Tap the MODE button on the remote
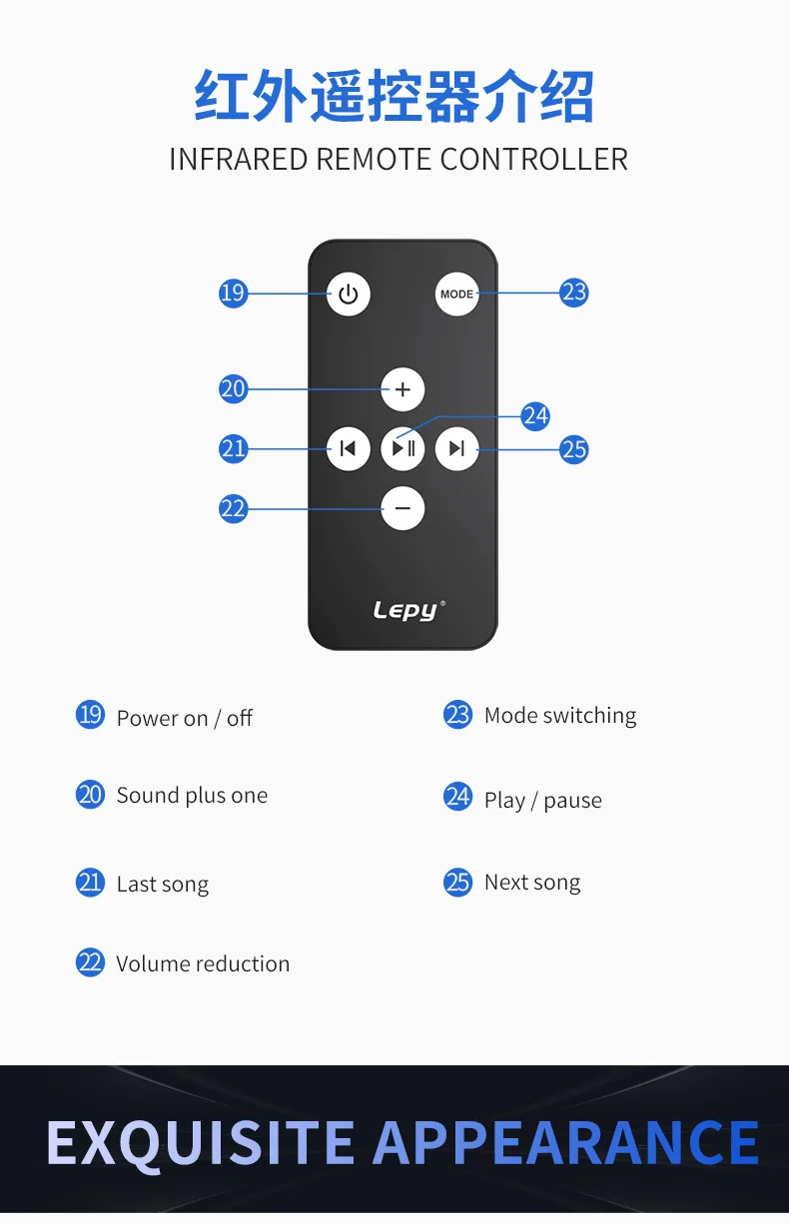457,295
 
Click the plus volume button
402,389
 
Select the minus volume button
402,509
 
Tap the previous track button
348,448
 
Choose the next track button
457,448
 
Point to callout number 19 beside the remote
233,293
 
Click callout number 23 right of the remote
573,293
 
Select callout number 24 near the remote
535,415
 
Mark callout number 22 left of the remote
233,509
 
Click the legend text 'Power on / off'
184,718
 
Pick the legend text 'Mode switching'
559,715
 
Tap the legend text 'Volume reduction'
203,963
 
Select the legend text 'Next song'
531,883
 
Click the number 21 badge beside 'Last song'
90,883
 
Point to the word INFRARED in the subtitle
238,159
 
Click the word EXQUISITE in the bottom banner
201,1143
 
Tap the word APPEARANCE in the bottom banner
565,1143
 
